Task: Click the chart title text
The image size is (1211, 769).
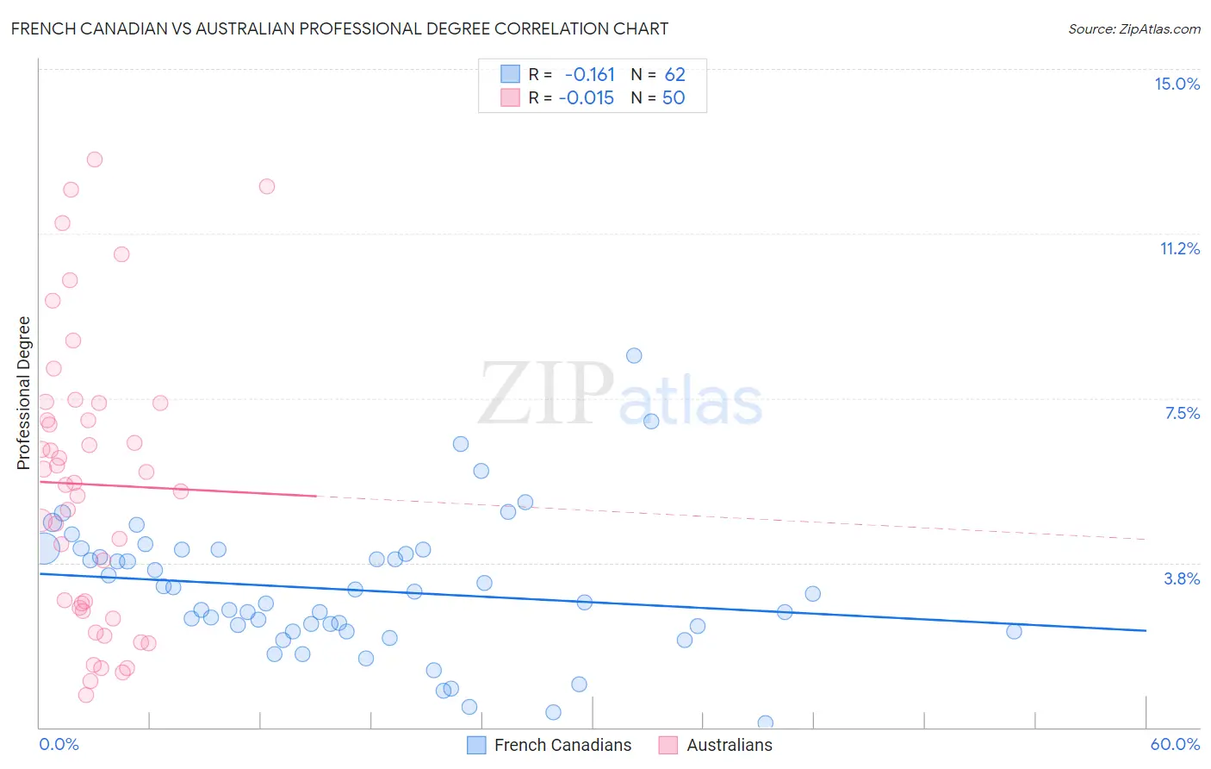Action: (339, 28)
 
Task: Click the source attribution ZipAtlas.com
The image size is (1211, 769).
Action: (1133, 29)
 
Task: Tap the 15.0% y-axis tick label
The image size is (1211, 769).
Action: (1177, 84)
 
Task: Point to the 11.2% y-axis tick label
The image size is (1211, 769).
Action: (1179, 248)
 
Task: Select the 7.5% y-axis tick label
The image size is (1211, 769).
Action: (1182, 413)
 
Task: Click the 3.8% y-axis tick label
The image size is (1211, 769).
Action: (1182, 578)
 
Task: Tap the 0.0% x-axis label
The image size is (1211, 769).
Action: (59, 744)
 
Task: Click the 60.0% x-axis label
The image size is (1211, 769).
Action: (1175, 744)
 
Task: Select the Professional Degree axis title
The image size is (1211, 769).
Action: (23, 393)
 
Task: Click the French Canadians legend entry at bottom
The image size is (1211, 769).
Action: (562, 745)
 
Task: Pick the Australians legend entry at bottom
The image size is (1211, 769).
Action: (729, 745)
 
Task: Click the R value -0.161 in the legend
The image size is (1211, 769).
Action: (590, 75)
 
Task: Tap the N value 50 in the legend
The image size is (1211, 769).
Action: (674, 98)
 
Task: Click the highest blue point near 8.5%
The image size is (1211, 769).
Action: (634, 355)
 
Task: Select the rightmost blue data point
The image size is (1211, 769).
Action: (1014, 631)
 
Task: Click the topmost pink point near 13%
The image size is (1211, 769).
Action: (95, 159)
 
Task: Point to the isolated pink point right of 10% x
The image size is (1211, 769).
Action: (267, 186)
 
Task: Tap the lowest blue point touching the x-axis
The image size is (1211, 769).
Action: (765, 722)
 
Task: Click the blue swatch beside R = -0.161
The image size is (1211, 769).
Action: (510, 74)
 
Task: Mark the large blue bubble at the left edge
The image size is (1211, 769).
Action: (43, 547)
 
